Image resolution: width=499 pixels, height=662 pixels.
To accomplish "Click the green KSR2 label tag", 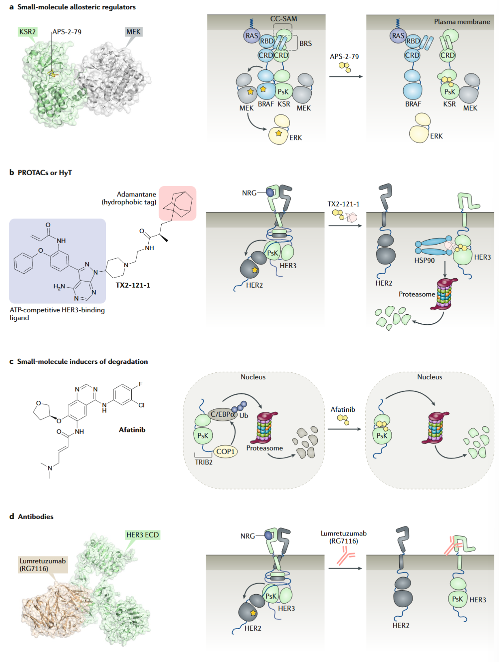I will click(x=28, y=32).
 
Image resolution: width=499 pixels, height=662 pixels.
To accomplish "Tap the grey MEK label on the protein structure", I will click(x=133, y=32).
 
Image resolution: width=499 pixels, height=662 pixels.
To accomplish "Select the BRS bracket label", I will click(x=305, y=43).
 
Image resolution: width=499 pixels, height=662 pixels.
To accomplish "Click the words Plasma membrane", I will click(x=462, y=21).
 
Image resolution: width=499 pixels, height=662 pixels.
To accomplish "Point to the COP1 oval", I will click(x=225, y=451).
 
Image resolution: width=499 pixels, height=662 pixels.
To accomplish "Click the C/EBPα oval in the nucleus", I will click(x=223, y=414).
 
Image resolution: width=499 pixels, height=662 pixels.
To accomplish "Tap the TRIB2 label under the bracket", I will click(x=203, y=462).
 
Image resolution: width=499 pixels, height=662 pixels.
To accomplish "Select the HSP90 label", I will click(x=424, y=260).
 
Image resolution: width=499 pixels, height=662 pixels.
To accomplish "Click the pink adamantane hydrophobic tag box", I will click(x=178, y=203).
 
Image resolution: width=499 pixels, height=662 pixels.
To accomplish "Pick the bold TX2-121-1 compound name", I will click(x=133, y=285).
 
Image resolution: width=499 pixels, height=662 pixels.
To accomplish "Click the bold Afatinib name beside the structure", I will click(x=132, y=430).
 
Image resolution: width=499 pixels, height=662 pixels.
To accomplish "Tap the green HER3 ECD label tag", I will click(x=143, y=535).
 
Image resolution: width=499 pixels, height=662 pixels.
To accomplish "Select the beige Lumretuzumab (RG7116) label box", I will click(x=43, y=565).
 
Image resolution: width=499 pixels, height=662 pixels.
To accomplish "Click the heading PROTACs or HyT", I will click(x=45, y=173).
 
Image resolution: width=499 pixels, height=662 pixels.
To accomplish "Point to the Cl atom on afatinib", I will click(x=141, y=405).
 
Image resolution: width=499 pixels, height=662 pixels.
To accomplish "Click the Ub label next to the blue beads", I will click(x=244, y=415).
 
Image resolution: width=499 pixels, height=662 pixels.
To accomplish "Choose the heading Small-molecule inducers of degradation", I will click(x=82, y=361).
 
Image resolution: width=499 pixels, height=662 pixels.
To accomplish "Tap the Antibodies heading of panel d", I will click(x=36, y=516).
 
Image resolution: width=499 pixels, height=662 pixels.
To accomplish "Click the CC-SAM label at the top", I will click(x=283, y=19).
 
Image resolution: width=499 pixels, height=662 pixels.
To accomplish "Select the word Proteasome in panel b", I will click(x=417, y=294).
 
